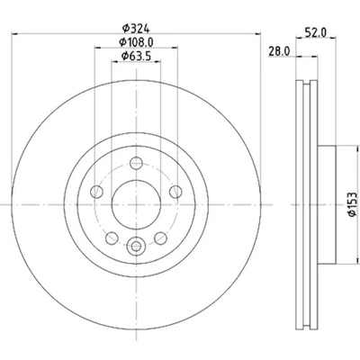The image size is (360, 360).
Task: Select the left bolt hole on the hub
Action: pos(95,193)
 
